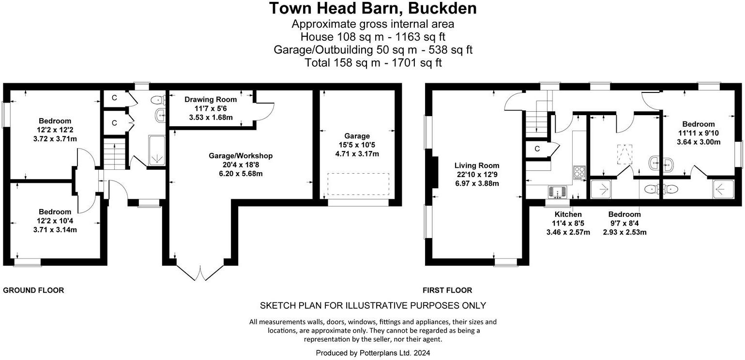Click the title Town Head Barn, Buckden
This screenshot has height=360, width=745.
coord(372,9)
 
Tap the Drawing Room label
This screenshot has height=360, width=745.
coord(211,100)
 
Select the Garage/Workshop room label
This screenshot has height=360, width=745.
coord(241,156)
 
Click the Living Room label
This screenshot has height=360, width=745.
coord(476,165)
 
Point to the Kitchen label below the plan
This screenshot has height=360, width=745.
coord(568,214)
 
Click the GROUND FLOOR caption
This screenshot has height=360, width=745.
coord(33,290)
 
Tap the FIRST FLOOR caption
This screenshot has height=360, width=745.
coord(447,290)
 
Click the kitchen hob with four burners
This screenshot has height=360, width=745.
coord(579,172)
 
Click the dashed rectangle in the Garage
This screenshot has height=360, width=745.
coord(359,184)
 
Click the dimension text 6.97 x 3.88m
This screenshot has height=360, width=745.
coord(476,183)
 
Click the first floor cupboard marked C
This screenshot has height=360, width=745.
coord(537,149)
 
